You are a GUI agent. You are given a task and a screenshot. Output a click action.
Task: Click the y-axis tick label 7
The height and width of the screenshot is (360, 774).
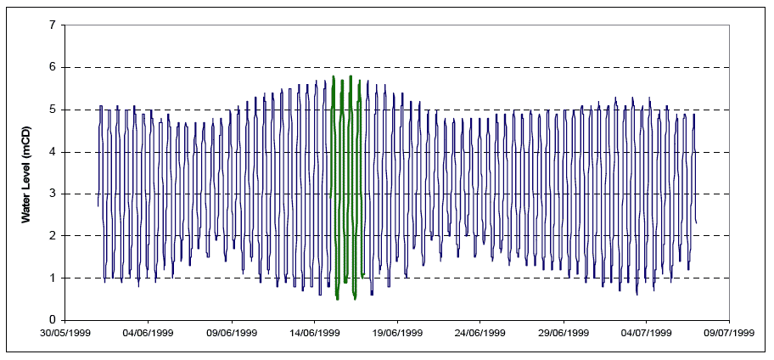52,25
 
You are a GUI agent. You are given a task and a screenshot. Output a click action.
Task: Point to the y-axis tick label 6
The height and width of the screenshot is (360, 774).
52,67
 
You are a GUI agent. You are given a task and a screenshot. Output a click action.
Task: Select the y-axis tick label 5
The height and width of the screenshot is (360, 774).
52,110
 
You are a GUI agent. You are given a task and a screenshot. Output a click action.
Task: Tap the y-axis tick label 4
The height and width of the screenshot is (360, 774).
52,152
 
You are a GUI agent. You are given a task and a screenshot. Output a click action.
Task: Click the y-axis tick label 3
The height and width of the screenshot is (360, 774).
52,194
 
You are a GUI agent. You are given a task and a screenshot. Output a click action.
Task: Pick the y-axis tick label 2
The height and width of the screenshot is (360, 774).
52,236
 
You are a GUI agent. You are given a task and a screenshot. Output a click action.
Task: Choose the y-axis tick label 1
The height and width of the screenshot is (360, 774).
52,278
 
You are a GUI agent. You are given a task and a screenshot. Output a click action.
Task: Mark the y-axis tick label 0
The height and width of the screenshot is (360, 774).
52,320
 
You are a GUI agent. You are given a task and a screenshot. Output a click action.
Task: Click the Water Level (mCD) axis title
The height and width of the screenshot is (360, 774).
26,172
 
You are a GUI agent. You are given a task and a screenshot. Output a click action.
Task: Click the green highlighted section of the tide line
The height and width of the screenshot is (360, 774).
342,170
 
